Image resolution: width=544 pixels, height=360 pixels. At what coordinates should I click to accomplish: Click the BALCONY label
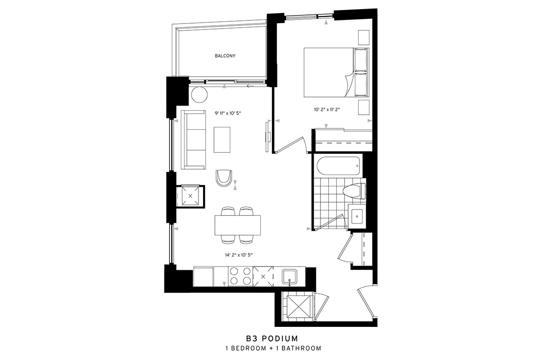(225, 56)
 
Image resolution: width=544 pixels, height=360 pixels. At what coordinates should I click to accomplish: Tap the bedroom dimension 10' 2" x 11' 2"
(327, 110)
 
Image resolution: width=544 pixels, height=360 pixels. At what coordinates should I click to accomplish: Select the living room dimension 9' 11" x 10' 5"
(228, 113)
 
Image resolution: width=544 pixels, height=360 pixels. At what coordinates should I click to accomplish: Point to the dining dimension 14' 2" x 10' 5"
(239, 255)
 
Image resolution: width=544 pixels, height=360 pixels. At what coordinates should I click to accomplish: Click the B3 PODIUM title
(272, 338)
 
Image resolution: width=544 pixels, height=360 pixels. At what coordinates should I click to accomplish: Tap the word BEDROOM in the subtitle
(248, 348)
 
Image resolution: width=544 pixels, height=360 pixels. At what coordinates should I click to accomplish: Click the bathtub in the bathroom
(338, 165)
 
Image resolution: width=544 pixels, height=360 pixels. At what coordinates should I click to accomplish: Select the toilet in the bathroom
(355, 191)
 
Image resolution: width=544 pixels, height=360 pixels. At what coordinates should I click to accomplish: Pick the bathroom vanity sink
(357, 216)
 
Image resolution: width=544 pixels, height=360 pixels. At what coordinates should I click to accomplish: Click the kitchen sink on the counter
(290, 277)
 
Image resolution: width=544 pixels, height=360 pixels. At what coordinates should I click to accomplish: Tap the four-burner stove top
(240, 276)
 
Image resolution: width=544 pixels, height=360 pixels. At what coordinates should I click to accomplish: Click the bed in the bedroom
(336, 73)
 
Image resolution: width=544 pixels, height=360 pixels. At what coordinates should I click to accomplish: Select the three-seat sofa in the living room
(194, 140)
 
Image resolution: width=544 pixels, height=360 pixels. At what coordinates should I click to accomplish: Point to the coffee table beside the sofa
(222, 140)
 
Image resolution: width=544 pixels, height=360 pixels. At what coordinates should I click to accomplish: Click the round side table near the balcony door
(199, 95)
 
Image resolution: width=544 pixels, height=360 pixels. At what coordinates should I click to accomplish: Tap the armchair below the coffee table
(223, 178)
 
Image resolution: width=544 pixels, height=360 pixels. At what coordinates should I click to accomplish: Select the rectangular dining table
(238, 225)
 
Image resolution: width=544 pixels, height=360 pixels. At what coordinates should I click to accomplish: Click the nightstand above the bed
(364, 38)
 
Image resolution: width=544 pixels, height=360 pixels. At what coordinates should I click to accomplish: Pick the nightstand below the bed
(364, 107)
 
